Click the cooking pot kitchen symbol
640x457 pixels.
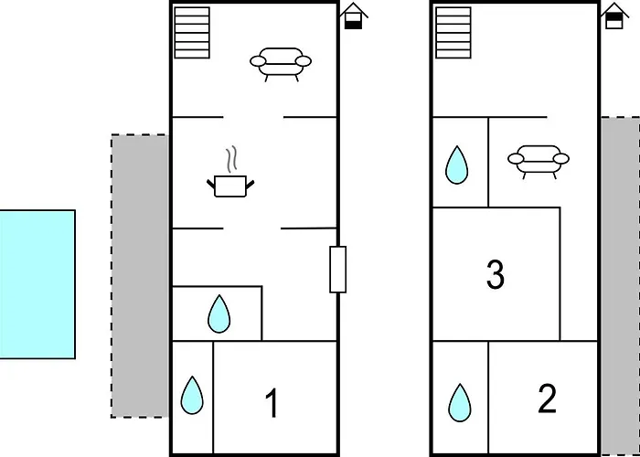[230, 186]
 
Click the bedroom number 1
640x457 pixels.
[272, 403]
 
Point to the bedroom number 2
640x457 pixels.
[547, 399]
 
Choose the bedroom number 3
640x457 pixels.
[496, 275]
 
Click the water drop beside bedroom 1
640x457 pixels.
[192, 395]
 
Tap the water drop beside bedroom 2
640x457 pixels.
[460, 403]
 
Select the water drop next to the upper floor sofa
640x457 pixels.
[457, 165]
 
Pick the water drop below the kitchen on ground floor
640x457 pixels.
[219, 314]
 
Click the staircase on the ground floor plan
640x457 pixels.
[192, 33]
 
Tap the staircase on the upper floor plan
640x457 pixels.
[453, 33]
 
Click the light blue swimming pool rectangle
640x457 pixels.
[37, 284]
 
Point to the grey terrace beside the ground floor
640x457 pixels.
[140, 276]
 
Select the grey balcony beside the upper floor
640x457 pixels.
[620, 285]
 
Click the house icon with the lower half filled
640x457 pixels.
[354, 16]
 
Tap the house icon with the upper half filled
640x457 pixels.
[614, 16]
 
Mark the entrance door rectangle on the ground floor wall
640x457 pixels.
[338, 270]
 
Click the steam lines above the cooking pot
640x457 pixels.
[231, 159]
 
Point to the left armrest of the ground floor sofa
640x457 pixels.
[258, 61]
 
